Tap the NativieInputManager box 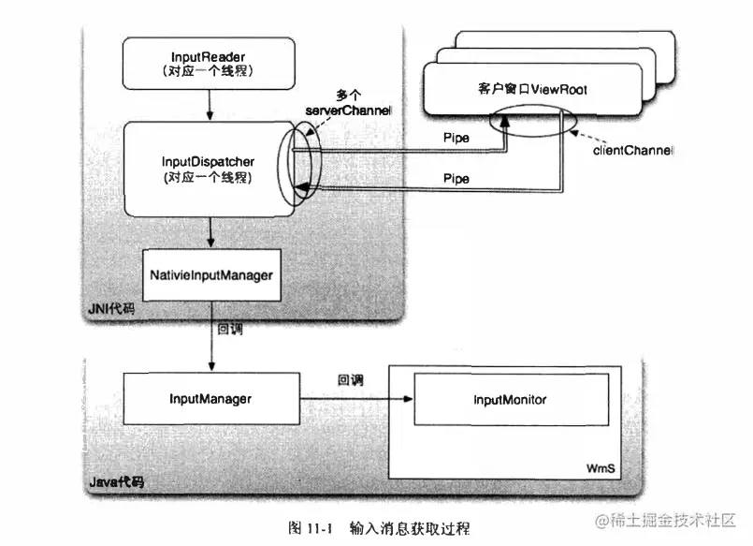click(x=211, y=275)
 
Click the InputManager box click(x=210, y=399)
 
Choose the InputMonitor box click(x=510, y=400)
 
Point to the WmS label click(x=599, y=465)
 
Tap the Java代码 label click(x=117, y=482)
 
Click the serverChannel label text click(x=348, y=111)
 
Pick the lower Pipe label click(x=456, y=177)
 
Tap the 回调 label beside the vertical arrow click(x=230, y=330)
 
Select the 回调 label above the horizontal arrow click(x=351, y=380)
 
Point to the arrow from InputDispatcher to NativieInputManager click(x=212, y=232)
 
